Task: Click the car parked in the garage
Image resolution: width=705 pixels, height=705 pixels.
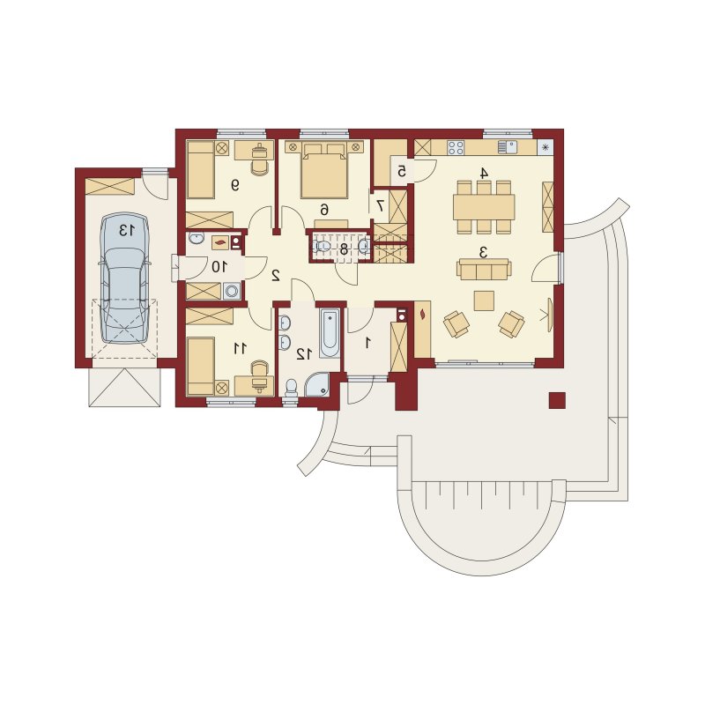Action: pyautogui.click(x=125, y=279)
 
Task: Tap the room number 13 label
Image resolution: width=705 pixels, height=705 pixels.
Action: pyautogui.click(x=126, y=230)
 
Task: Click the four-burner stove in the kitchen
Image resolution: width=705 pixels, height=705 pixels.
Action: pyautogui.click(x=456, y=147)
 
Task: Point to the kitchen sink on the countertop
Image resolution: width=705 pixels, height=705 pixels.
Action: pyautogui.click(x=508, y=147)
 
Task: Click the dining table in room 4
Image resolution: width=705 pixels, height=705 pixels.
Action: pyautogui.click(x=484, y=207)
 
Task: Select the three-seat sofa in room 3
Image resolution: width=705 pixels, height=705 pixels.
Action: pyautogui.click(x=484, y=270)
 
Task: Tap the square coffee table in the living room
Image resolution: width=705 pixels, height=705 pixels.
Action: pyautogui.click(x=484, y=301)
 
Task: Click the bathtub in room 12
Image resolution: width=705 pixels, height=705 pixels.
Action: pyautogui.click(x=330, y=333)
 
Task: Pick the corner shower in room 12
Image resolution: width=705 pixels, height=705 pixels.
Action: pyautogui.click(x=318, y=384)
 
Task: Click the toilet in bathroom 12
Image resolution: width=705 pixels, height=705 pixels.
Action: pyautogui.click(x=292, y=388)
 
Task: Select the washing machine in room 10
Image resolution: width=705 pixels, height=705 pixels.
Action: pyautogui.click(x=232, y=291)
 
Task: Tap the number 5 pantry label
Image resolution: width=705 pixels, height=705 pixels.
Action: pyautogui.click(x=402, y=171)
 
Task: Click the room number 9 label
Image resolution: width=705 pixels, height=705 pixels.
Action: pyautogui.click(x=234, y=185)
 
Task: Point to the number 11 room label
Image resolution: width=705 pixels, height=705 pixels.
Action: pyautogui.click(x=240, y=347)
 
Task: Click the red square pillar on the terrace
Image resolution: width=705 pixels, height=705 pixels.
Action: pyautogui.click(x=557, y=400)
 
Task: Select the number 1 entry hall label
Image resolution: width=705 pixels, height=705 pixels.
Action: pyautogui.click(x=367, y=343)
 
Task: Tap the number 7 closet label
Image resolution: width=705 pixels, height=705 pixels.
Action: pyautogui.click(x=381, y=205)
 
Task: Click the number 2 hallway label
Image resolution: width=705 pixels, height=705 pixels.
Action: pyautogui.click(x=276, y=275)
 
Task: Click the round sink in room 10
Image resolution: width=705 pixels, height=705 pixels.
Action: pyautogui.click(x=197, y=238)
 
